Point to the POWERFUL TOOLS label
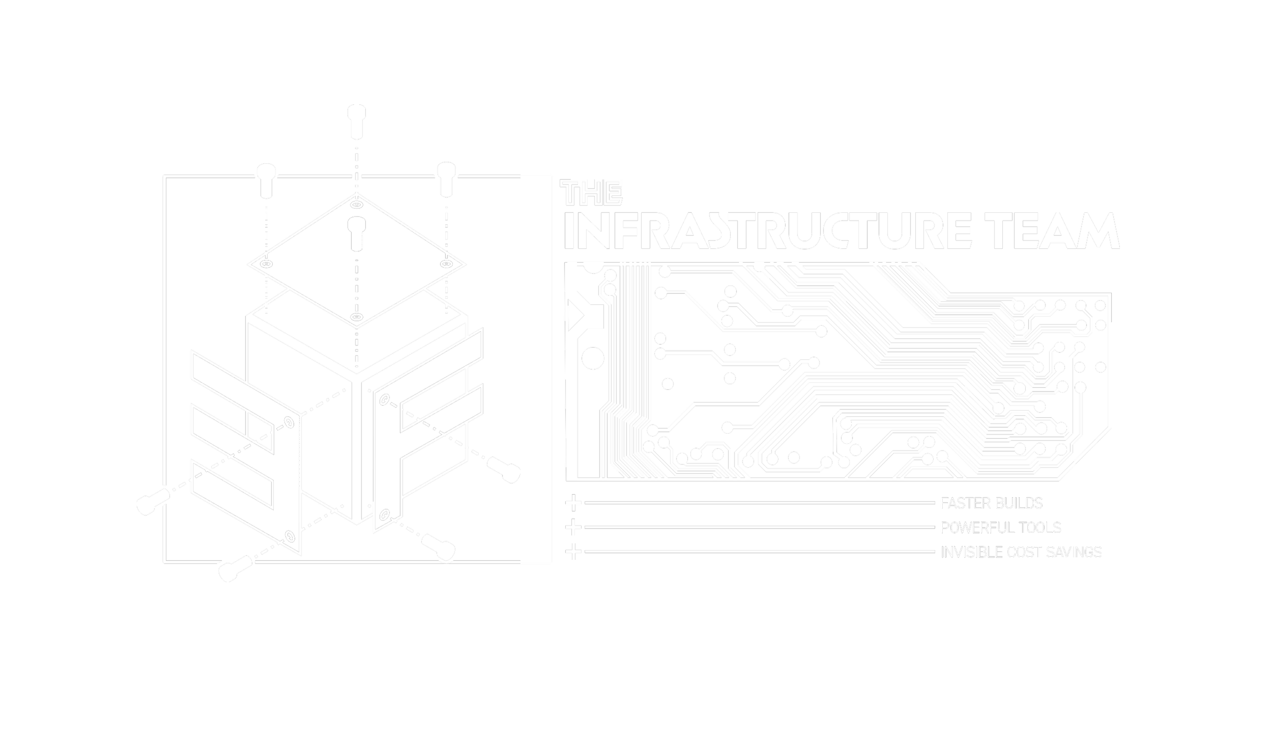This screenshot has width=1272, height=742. coord(1001,528)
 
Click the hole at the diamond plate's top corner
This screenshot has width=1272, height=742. coord(357,205)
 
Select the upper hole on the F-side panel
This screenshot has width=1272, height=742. coord(385,401)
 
